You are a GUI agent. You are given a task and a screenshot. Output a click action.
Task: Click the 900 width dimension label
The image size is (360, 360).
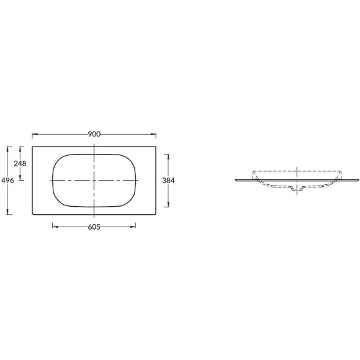[x=94, y=134]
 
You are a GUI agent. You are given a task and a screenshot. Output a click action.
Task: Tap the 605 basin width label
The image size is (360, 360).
[x=94, y=227]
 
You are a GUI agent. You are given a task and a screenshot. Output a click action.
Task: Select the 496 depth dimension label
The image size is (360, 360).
[x=7, y=181]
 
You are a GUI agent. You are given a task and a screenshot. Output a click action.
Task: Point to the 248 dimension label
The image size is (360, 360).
[x=20, y=163]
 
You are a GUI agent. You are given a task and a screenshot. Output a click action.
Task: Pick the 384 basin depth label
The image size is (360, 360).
[x=168, y=181]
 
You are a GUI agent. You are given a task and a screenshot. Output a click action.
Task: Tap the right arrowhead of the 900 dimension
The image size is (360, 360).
[x=153, y=134]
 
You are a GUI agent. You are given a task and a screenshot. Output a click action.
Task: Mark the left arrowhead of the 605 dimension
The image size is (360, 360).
[x=55, y=227]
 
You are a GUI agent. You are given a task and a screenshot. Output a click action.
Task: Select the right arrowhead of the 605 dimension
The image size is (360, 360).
[x=133, y=227]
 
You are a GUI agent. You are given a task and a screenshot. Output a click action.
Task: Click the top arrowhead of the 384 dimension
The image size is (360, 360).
[x=168, y=157]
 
